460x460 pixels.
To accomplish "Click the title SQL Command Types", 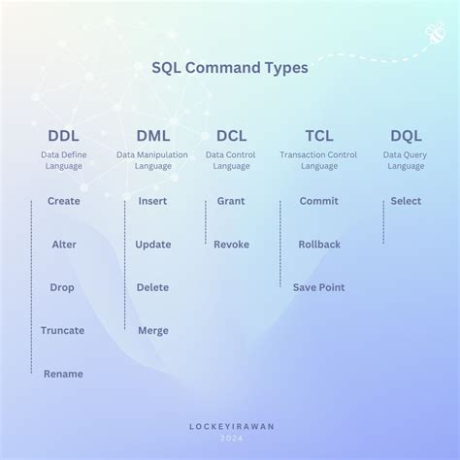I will [230, 68].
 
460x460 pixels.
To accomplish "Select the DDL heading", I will [63, 136].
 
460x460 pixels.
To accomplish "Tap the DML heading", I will [152, 136].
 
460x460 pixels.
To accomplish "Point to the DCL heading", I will [231, 136].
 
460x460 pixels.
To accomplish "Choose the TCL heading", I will [318, 136].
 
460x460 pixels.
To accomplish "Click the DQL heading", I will [406, 136].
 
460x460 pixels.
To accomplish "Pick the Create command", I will [63, 202].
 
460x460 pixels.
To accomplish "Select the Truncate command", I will [63, 331].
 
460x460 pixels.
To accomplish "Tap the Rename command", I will [63, 374].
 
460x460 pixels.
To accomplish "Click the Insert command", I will [152, 202].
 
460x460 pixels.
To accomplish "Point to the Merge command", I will [152, 331].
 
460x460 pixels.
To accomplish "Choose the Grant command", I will [231, 202].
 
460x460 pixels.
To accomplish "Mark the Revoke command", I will [231, 245].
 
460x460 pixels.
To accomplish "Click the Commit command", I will [318, 202].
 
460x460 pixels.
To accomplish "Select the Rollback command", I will [318, 245].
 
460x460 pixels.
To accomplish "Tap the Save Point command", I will [318, 287].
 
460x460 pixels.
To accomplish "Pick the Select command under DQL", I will [406, 202].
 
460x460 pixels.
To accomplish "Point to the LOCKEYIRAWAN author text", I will [230, 425].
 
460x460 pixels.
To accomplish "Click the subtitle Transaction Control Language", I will [318, 160].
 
